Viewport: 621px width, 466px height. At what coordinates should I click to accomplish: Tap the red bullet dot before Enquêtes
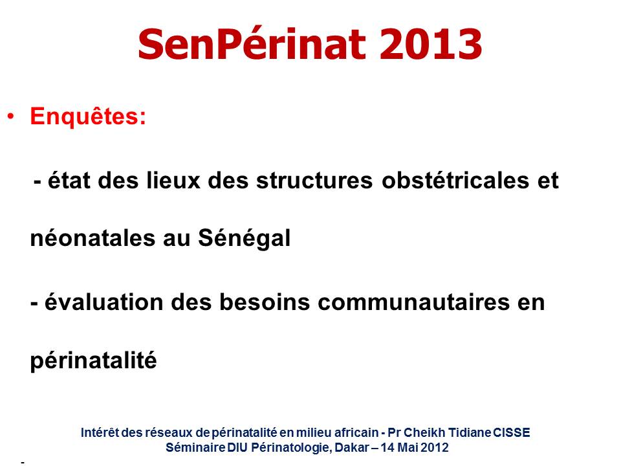pyautogui.click(x=11, y=116)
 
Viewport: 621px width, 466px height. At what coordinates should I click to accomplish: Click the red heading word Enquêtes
pyautogui.click(x=88, y=116)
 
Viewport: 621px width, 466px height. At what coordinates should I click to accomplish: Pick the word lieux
pyautogui.click(x=173, y=181)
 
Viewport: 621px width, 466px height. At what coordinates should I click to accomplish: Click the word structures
pyautogui.click(x=314, y=181)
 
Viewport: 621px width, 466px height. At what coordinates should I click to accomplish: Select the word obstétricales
pyautogui.click(x=455, y=181)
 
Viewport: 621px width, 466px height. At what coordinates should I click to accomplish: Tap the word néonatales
pyautogui.click(x=93, y=238)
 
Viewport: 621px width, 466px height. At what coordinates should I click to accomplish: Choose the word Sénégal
pyautogui.click(x=245, y=239)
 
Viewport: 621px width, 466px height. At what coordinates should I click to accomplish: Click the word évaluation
pyautogui.click(x=103, y=302)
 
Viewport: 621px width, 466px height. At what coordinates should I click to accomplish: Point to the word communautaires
pyautogui.click(x=413, y=302)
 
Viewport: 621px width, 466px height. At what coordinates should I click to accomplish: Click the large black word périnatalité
pyautogui.click(x=93, y=361)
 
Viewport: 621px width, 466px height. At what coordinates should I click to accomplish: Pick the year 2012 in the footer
pyautogui.click(x=435, y=447)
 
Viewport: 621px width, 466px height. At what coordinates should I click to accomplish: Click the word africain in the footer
pyautogui.click(x=356, y=432)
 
